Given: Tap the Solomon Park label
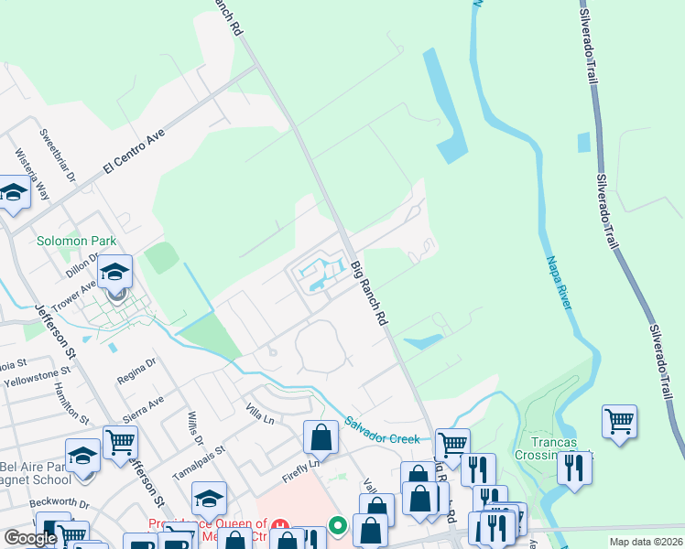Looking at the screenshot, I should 77,242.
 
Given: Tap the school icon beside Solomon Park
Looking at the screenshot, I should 115,273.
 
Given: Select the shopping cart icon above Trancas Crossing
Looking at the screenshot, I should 620,422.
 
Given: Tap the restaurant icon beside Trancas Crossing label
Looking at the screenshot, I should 574,468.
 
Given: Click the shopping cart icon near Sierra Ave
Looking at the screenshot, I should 120,443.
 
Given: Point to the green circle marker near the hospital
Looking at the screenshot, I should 338,525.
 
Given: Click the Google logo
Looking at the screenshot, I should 30,538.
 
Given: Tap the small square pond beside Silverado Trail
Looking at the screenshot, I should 584,142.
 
